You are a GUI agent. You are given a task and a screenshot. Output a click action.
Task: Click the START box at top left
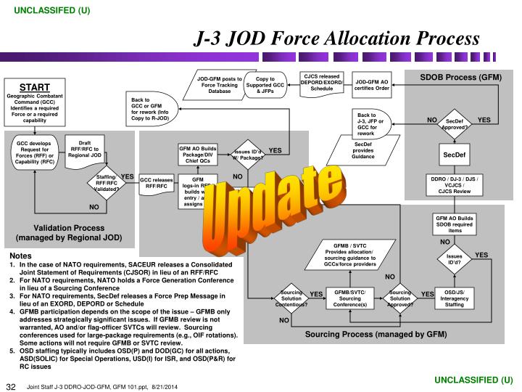click(35, 101)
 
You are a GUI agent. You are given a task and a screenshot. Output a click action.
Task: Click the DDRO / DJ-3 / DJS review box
click(455, 185)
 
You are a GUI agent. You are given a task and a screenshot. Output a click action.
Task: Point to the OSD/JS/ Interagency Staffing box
click(455, 298)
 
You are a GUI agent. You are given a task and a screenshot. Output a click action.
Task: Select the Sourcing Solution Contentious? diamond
click(291, 298)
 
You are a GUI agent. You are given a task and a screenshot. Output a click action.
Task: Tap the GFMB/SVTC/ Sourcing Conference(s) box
click(350, 298)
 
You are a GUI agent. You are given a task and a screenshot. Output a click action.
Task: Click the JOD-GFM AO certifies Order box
click(372, 85)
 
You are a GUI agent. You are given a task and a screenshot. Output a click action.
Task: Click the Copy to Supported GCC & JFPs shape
click(260, 85)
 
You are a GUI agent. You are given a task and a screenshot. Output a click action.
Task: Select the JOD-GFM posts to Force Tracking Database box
click(220, 85)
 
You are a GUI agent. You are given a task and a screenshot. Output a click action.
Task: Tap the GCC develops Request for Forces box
click(35, 152)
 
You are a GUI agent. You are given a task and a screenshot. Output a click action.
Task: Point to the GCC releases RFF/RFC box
click(157, 182)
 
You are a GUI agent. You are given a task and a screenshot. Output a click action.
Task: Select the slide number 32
click(12, 385)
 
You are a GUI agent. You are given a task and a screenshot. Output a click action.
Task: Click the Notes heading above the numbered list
click(20, 256)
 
